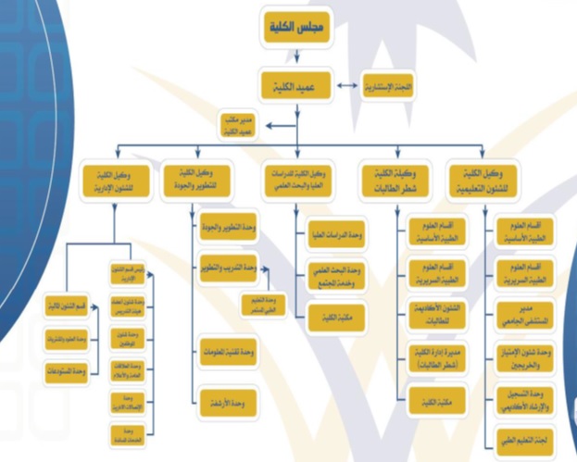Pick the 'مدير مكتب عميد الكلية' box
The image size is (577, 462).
239,127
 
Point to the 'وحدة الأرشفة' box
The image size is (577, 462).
228,404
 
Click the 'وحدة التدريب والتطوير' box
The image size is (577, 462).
228,268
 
